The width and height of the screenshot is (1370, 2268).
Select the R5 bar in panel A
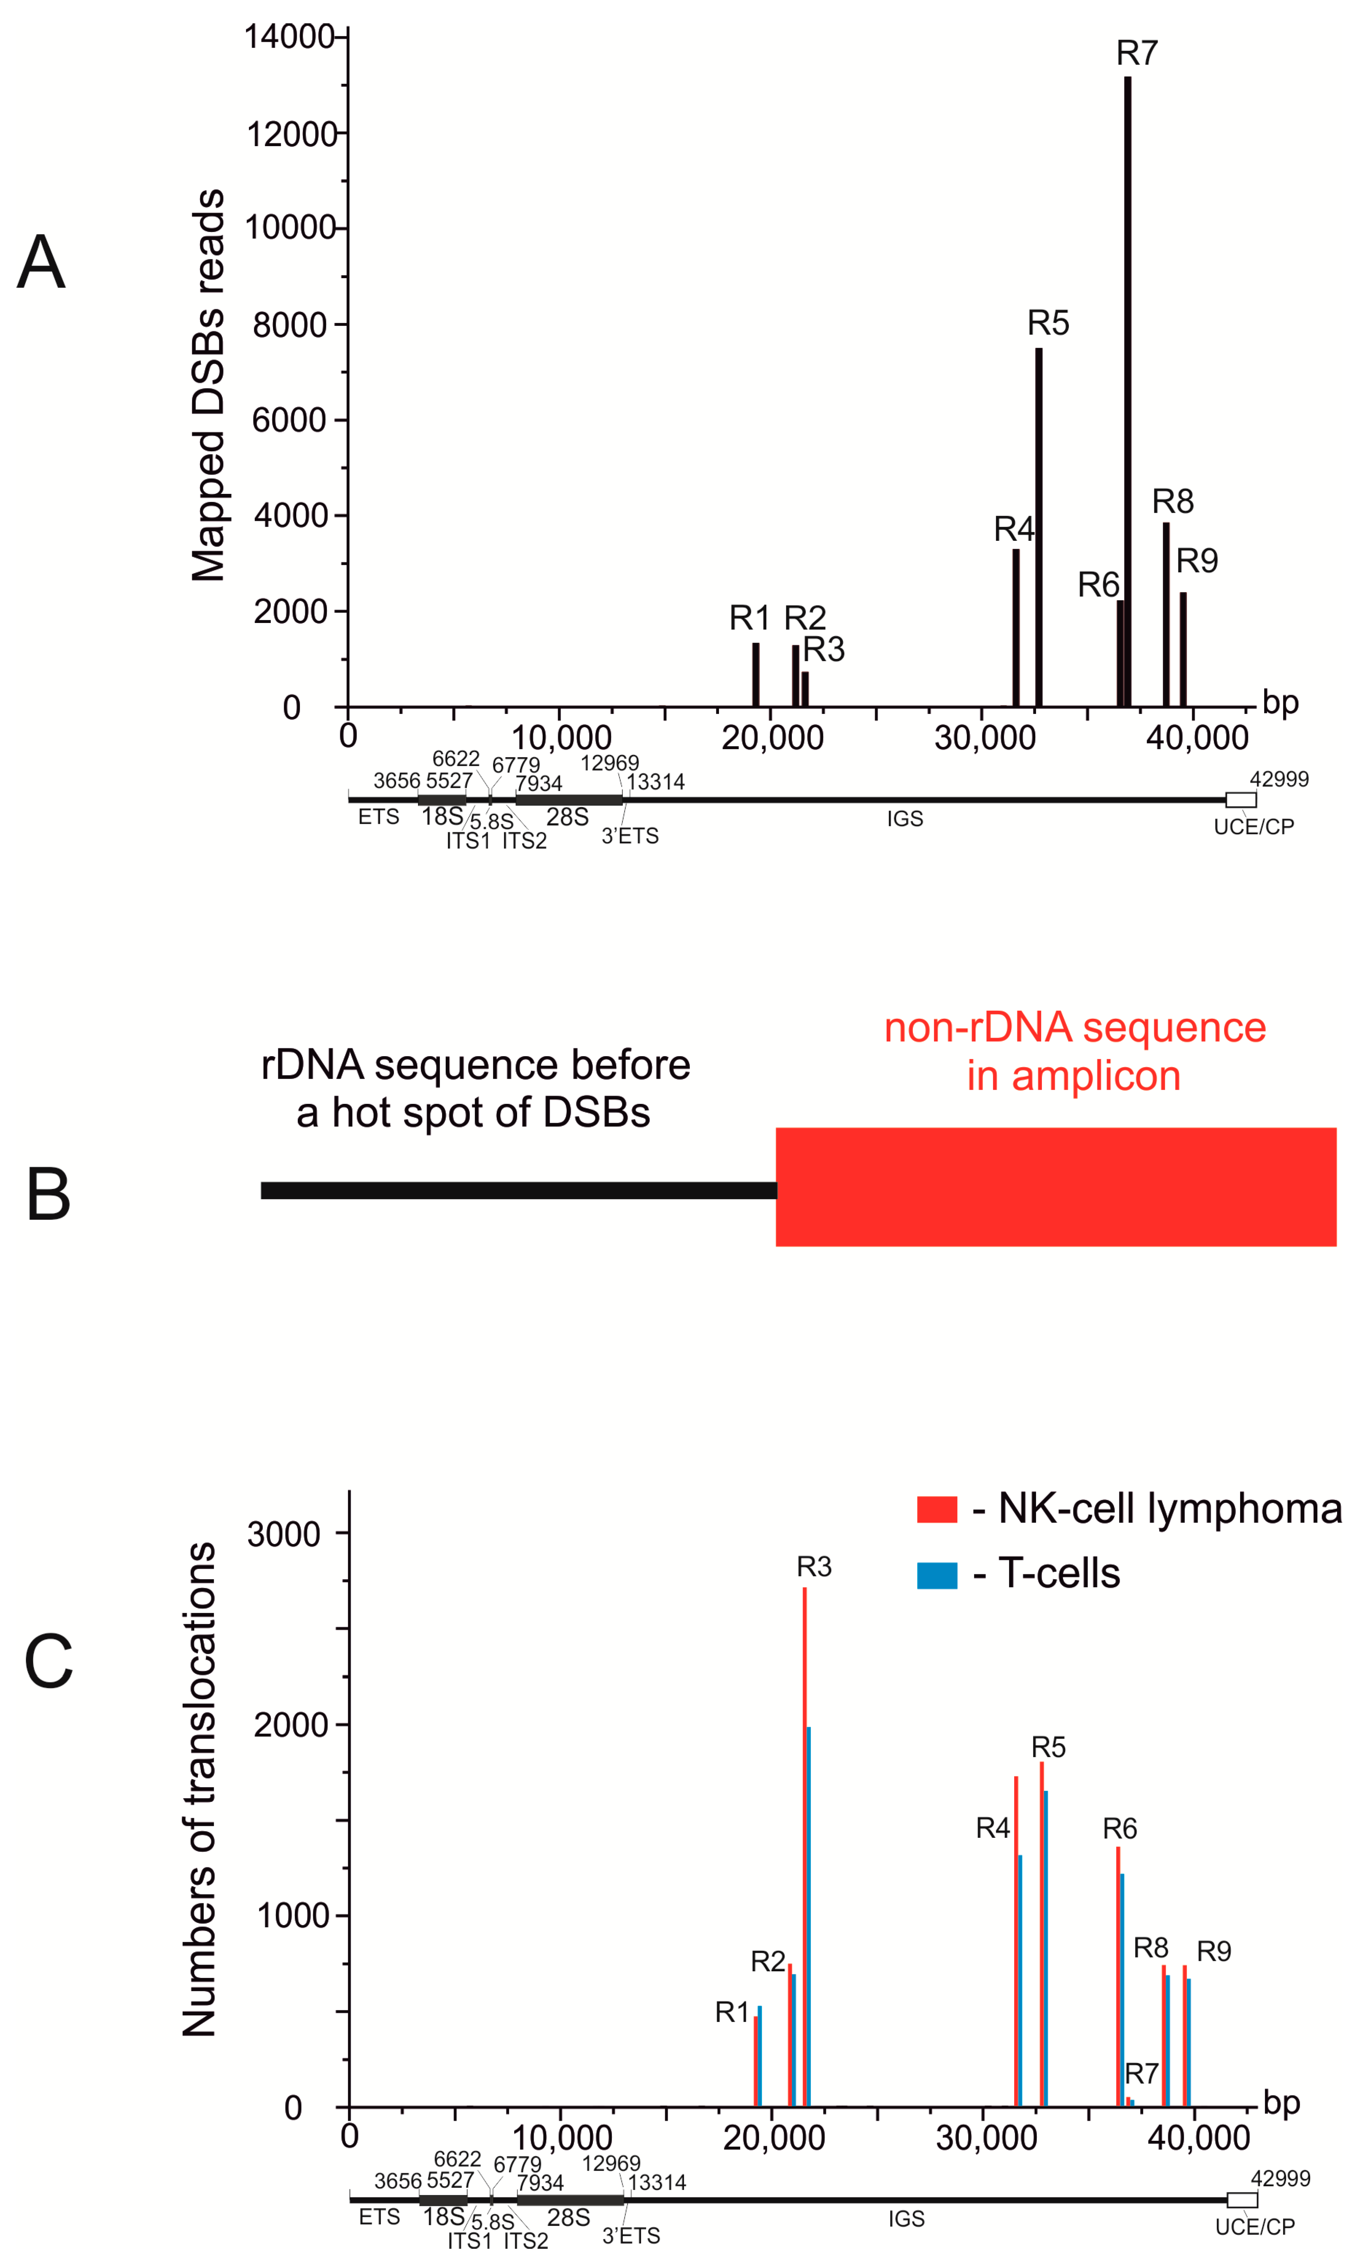(x=1039, y=525)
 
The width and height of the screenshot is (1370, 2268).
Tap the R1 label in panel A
(x=749, y=618)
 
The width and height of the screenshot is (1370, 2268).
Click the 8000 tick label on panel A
(x=290, y=325)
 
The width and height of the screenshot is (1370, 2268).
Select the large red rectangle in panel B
(x=1055, y=1186)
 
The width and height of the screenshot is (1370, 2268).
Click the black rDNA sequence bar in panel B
(x=518, y=1190)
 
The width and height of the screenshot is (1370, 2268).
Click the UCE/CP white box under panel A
(x=1240, y=799)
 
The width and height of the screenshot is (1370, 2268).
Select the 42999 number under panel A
(x=1279, y=779)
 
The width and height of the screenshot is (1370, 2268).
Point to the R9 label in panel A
(x=1197, y=560)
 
